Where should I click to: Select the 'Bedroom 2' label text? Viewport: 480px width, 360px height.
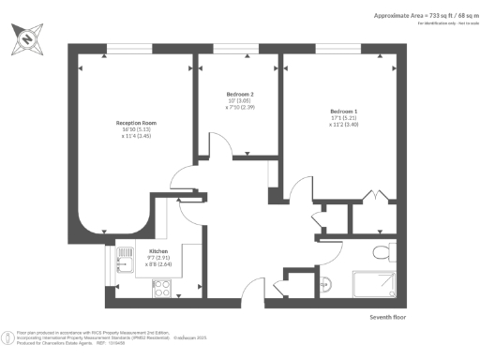[239, 95]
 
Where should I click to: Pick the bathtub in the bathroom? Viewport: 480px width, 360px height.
[380, 286]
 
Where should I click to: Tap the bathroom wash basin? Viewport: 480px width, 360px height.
[327, 284]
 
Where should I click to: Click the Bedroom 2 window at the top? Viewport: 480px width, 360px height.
[237, 46]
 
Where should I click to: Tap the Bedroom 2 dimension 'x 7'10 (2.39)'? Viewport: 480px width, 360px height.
[239, 108]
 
